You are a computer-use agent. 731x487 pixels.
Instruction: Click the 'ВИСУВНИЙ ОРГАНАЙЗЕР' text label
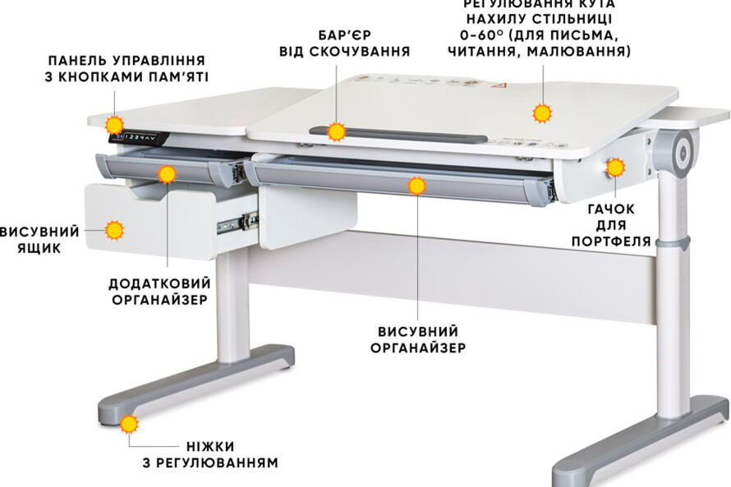click(x=418, y=339)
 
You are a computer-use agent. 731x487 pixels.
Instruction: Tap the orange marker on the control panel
click(x=114, y=125)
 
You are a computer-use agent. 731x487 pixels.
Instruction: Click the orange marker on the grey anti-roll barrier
click(x=336, y=131)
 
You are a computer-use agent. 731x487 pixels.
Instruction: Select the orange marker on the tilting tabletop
click(x=541, y=113)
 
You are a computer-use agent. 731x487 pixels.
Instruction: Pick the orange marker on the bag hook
click(x=615, y=168)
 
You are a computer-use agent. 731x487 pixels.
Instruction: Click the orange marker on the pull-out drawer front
click(x=114, y=230)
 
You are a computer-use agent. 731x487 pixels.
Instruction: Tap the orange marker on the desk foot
click(x=129, y=425)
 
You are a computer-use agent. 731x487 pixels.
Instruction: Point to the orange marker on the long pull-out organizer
click(x=417, y=186)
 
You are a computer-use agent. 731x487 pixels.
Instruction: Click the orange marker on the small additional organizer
click(x=168, y=173)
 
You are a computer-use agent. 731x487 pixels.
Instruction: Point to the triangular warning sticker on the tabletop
click(x=497, y=85)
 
